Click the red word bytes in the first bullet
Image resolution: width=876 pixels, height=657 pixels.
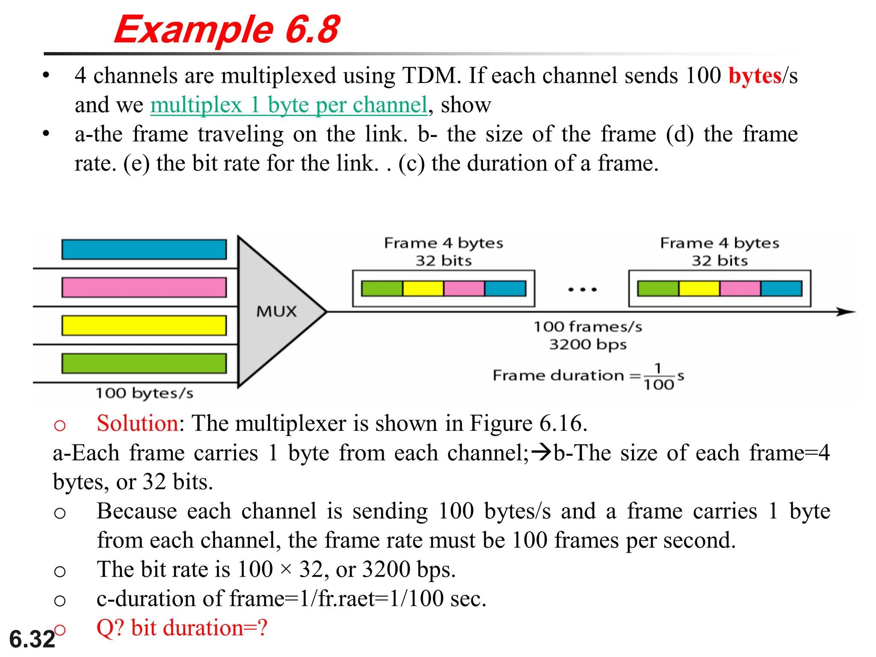click(755, 76)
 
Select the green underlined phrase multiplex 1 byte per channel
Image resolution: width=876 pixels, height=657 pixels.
click(289, 105)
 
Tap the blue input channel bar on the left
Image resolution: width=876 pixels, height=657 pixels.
click(144, 249)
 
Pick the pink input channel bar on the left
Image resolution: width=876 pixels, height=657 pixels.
click(144, 287)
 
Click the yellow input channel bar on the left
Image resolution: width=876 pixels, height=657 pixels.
click(144, 326)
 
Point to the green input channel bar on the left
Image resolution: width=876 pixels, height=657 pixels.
click(144, 364)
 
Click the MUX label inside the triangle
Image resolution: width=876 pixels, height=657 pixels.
click(276, 311)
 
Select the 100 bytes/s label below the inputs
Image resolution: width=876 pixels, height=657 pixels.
click(144, 393)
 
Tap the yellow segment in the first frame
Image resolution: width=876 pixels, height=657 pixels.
click(423, 289)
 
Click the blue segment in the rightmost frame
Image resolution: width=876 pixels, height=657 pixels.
click(781, 289)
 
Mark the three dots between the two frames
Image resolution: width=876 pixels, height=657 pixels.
click(582, 290)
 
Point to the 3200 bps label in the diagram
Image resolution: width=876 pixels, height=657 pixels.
click(588, 344)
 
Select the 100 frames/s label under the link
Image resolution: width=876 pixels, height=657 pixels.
click(588, 327)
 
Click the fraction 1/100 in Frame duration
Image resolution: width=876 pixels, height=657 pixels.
click(659, 377)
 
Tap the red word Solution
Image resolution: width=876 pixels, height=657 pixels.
click(137, 423)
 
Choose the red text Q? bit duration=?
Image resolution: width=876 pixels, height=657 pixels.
click(182, 628)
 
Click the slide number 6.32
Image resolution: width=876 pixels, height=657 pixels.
click(32, 639)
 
